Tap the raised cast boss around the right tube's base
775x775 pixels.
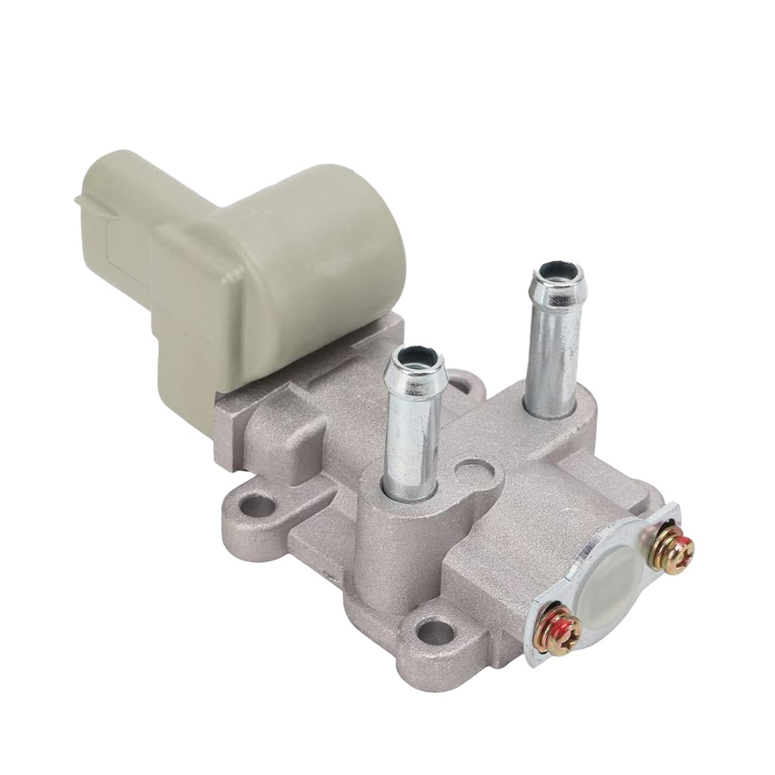pos(549,420)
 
